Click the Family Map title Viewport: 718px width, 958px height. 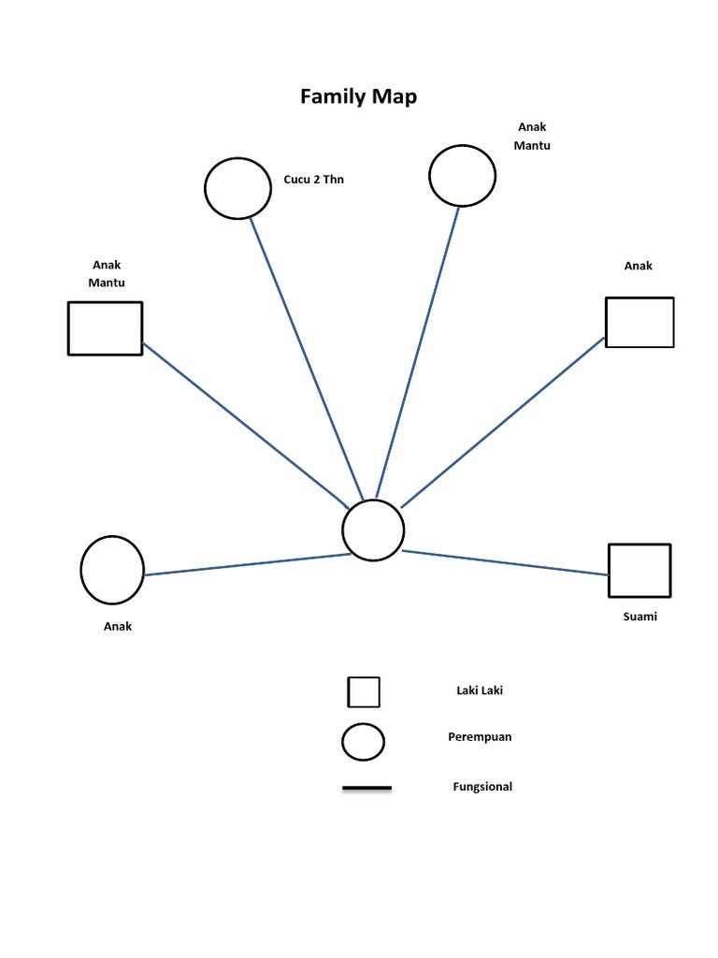click(358, 96)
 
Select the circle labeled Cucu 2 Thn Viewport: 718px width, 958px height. click(237, 188)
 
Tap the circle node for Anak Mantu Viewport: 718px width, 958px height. click(462, 175)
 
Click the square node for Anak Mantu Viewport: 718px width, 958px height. click(105, 328)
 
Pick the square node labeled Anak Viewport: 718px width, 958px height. click(639, 322)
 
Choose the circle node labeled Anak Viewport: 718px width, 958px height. click(112, 570)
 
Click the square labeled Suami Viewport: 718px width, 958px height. click(639, 570)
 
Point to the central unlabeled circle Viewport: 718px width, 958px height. click(373, 530)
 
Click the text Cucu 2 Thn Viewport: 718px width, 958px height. click(313, 180)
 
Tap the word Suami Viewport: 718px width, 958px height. click(639, 617)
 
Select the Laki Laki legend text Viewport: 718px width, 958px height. click(480, 690)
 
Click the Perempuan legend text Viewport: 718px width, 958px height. click(480, 736)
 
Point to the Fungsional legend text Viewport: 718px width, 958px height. click(482, 787)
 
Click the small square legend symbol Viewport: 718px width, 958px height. click(364, 692)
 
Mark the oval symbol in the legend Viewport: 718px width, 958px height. click(364, 742)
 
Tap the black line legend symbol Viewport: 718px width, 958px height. click(366, 789)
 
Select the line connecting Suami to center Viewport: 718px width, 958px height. click(505, 561)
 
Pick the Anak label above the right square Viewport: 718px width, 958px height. click(639, 266)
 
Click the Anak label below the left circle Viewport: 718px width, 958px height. click(118, 627)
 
